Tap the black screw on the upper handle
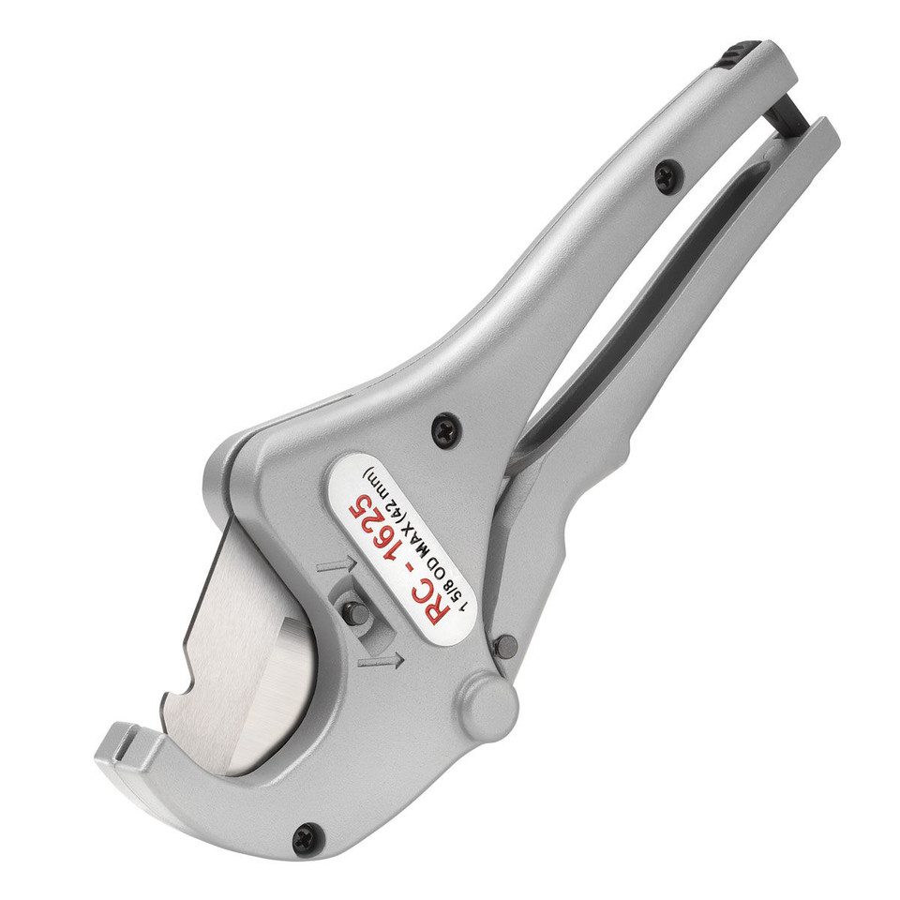[667, 174]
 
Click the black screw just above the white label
[442, 430]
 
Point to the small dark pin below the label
[505, 646]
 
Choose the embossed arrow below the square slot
[381, 662]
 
